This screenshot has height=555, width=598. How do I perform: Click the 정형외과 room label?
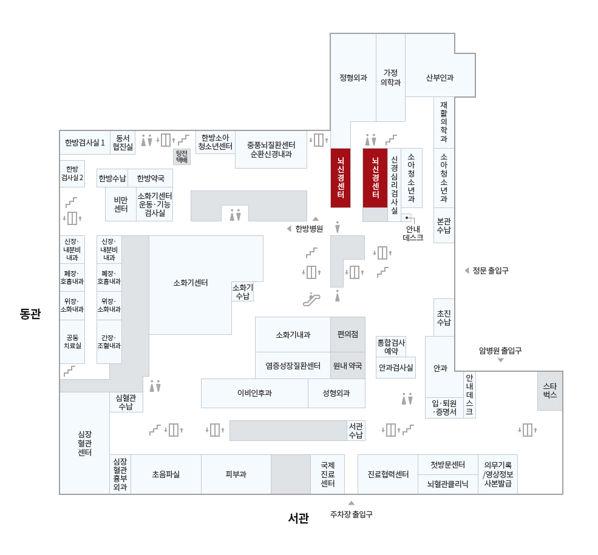[353, 78]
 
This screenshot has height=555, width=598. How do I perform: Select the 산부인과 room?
[440, 78]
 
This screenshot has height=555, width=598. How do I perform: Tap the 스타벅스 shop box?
[549, 391]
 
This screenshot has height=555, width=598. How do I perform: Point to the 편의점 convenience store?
[348, 334]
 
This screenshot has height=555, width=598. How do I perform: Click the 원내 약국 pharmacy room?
[348, 366]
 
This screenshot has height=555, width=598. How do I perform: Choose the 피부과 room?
[236, 474]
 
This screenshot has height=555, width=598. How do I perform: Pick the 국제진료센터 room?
[327, 474]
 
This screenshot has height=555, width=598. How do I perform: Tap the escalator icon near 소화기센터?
[311, 299]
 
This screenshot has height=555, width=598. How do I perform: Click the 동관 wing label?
[30, 314]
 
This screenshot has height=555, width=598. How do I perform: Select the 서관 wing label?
[298, 518]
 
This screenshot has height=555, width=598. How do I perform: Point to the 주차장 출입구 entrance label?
[351, 514]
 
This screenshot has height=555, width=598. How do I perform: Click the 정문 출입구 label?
[490, 271]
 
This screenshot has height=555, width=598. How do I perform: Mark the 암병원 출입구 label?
[500, 351]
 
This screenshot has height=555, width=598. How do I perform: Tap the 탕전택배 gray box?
[182, 156]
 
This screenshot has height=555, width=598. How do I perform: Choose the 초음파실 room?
[166, 474]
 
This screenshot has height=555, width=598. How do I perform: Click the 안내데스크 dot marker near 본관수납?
[407, 217]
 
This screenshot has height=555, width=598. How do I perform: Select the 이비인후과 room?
[254, 393]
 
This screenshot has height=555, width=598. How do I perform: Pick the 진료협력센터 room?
[387, 474]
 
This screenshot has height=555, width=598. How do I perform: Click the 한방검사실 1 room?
[85, 143]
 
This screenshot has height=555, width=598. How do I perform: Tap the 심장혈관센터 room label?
[84, 443]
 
